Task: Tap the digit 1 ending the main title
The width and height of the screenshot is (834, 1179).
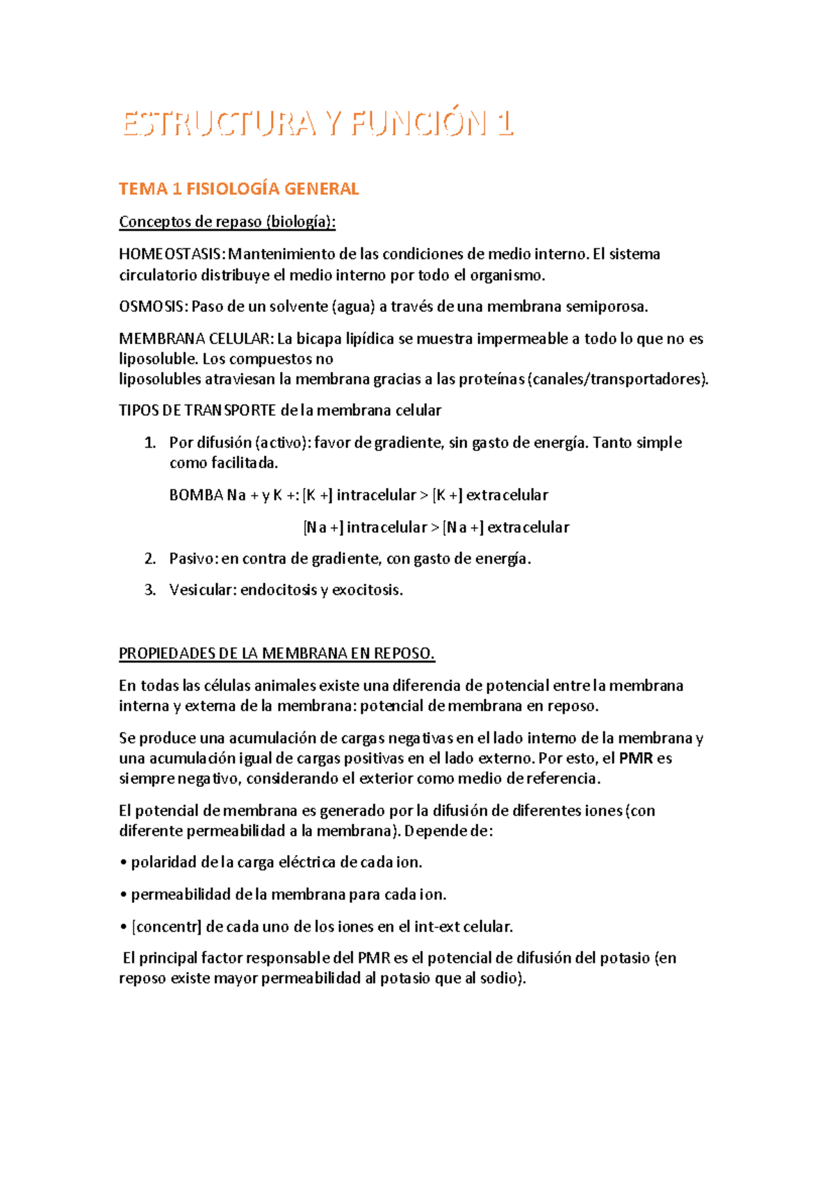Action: [x=505, y=124]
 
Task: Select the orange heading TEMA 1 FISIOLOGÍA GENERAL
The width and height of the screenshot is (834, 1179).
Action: [x=238, y=188]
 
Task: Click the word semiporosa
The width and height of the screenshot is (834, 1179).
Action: [x=606, y=306]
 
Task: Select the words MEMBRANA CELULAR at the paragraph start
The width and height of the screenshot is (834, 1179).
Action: [x=195, y=339]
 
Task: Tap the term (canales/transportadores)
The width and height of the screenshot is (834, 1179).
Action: [x=619, y=379]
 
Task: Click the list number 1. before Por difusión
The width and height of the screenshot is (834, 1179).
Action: [x=149, y=443]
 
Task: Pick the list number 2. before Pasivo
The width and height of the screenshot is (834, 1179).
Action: [x=149, y=558]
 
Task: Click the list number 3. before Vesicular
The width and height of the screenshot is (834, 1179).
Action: [x=149, y=589]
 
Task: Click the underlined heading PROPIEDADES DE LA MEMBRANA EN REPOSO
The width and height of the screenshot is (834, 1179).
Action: [x=277, y=653]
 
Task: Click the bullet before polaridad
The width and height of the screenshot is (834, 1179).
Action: [x=124, y=863]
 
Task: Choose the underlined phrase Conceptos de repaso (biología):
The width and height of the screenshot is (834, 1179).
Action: [x=227, y=222]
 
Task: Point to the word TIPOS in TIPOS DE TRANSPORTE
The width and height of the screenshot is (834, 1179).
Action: [x=139, y=410]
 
